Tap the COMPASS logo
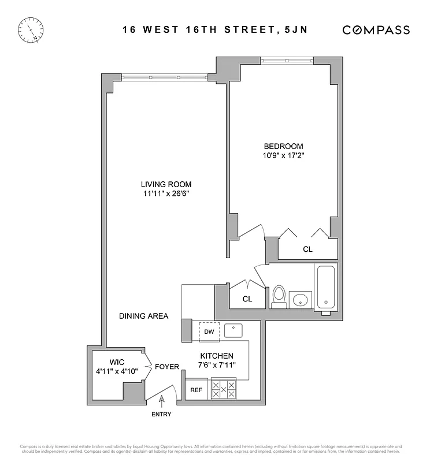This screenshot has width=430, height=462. (x=376, y=30)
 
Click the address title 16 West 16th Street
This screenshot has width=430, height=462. (x=214, y=30)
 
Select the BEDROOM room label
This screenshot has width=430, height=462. (x=283, y=147)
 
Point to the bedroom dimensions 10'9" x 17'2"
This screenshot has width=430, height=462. (x=283, y=156)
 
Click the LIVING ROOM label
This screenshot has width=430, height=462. (x=168, y=184)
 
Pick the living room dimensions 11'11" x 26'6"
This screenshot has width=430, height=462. (x=168, y=193)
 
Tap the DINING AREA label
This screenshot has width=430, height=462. (x=143, y=316)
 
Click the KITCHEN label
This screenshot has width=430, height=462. (x=217, y=356)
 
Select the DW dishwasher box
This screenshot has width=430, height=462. (x=209, y=331)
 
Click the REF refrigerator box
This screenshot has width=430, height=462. (x=197, y=390)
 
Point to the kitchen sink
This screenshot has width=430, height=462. (x=233, y=330)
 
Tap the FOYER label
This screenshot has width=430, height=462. (x=166, y=367)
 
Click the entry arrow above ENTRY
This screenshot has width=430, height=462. (x=161, y=398)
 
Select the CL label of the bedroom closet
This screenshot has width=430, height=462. (x=307, y=249)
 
